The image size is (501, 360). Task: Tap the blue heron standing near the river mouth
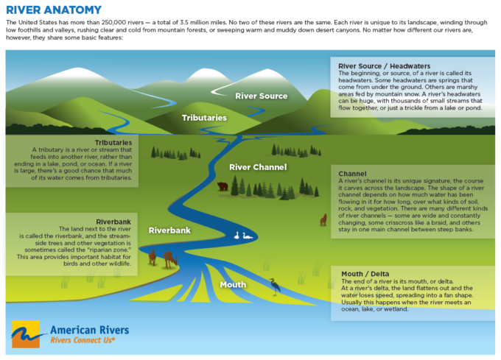pos(274,286)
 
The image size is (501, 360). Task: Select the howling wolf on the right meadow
pos(322,219)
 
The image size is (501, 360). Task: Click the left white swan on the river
pos(237,236)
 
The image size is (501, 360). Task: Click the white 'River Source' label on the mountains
pos(261,96)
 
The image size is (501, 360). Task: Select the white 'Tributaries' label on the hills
pos(205,117)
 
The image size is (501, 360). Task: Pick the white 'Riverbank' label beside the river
pos(169,230)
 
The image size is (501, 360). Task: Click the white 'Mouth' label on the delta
pos(233,284)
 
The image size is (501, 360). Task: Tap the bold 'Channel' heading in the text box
pos(353,173)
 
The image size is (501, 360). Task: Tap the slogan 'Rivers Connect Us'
pos(81,340)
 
